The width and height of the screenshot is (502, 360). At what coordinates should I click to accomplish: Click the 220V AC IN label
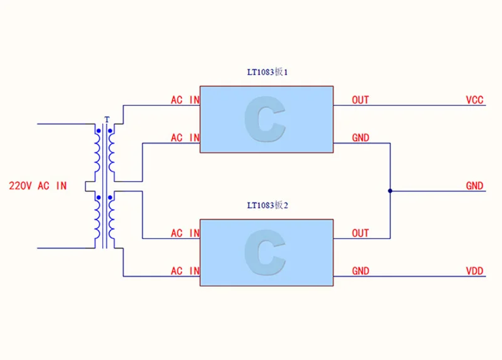38,186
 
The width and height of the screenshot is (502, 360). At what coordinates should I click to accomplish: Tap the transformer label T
107,120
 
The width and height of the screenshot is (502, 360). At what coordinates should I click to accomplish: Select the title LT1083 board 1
267,72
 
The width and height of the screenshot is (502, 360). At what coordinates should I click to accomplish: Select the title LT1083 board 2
267,205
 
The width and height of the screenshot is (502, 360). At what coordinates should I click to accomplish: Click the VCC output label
474,100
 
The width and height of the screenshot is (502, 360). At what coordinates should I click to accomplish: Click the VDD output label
474,271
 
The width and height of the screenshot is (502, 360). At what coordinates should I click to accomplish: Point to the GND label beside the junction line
474,186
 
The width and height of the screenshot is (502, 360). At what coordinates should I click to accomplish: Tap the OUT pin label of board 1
360,100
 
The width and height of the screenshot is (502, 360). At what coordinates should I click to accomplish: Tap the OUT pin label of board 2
360,233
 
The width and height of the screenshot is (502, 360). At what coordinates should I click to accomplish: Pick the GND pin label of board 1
360,137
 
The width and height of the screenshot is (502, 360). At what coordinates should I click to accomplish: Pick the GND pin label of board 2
360,271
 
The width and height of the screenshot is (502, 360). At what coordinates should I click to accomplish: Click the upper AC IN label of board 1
185,100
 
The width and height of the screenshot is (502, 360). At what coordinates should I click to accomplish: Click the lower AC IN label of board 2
185,271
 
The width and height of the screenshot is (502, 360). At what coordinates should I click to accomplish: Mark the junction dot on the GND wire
390,191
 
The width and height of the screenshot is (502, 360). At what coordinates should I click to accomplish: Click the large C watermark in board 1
265,119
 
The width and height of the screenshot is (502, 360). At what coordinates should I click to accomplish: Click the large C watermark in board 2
265,252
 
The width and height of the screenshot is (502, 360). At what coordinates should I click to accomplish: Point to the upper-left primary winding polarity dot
99,131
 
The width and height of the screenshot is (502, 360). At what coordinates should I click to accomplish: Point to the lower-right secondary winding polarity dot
110,198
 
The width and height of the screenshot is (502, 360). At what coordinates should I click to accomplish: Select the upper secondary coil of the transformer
111,152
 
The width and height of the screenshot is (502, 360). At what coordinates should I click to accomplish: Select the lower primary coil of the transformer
97,220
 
